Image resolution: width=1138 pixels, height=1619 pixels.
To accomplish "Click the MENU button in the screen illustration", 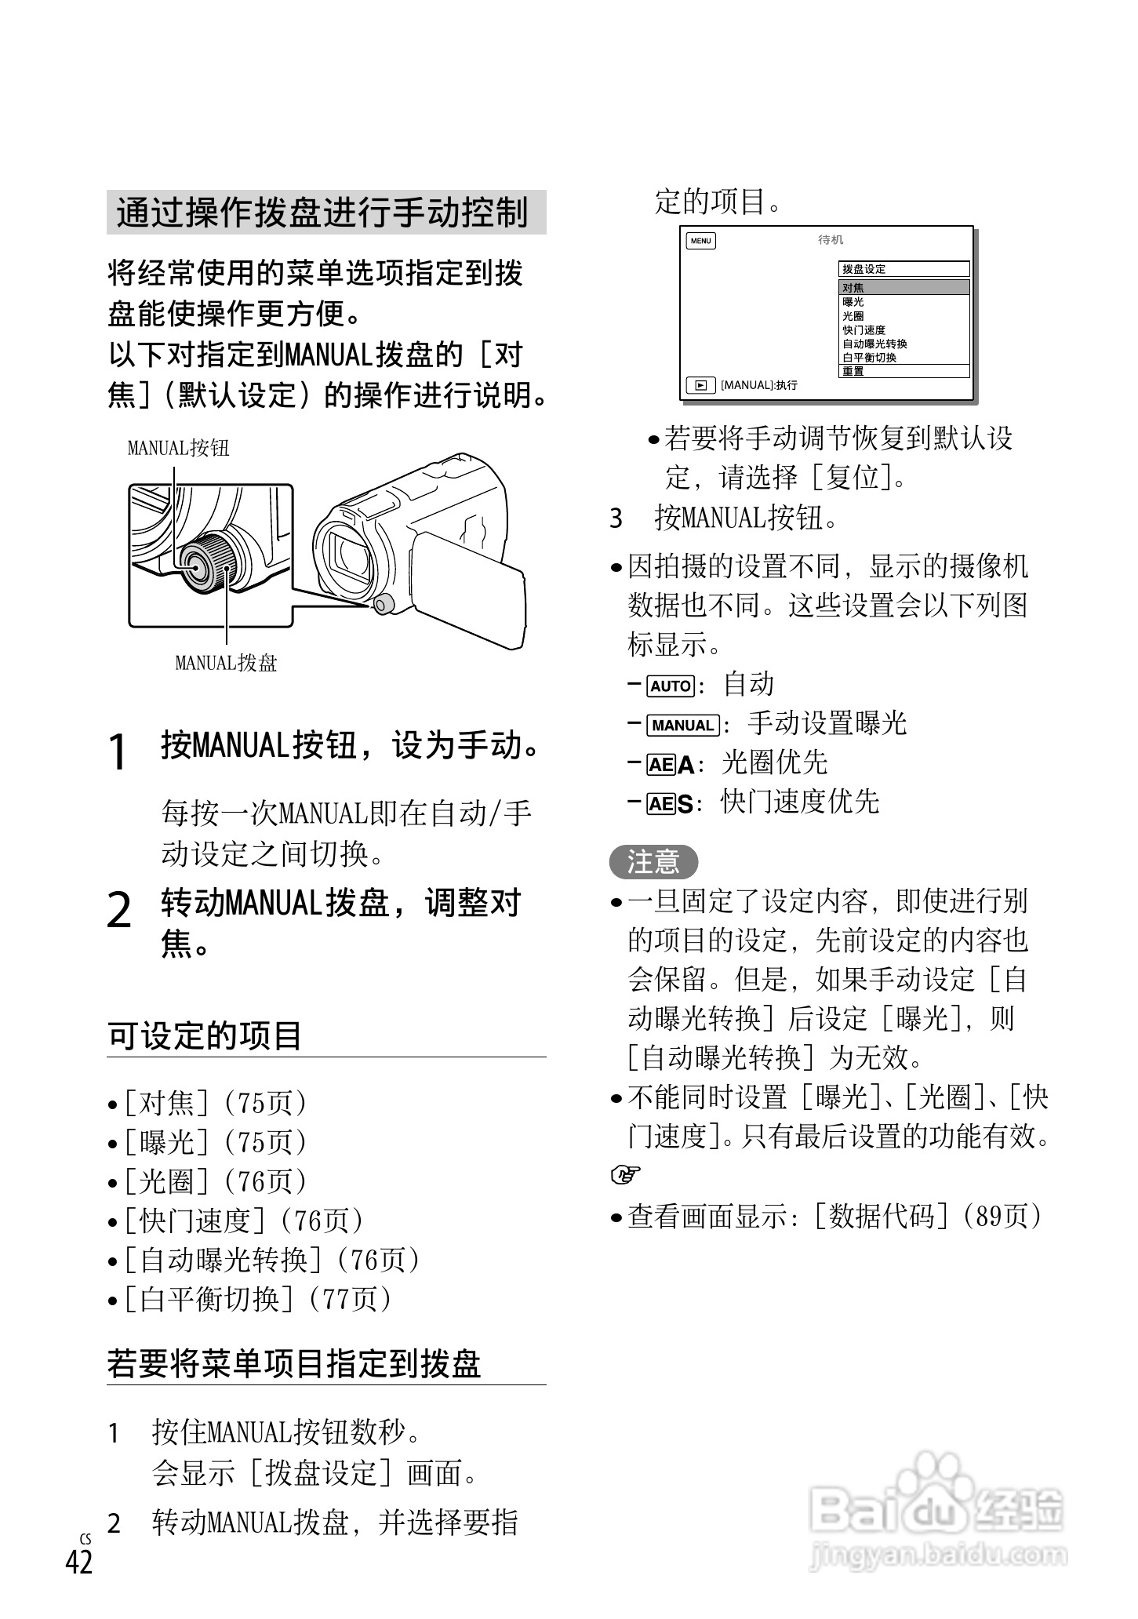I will tap(700, 241).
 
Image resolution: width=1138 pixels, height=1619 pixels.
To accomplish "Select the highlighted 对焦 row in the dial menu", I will tap(903, 288).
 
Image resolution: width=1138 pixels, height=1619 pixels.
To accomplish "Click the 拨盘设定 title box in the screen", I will tap(903, 269).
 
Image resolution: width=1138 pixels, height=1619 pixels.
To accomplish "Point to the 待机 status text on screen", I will tap(831, 240).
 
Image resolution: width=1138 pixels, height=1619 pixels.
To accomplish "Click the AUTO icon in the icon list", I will tap(671, 686).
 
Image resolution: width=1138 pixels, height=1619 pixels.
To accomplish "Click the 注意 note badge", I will tap(653, 862).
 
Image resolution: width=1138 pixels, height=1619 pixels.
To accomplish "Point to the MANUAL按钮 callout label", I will tap(178, 449).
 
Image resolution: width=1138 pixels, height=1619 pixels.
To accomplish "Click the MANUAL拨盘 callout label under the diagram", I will tap(226, 664).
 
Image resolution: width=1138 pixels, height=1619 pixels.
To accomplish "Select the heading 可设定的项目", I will tap(205, 1036).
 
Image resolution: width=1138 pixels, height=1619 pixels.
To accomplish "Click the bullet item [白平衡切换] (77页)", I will tap(250, 1300).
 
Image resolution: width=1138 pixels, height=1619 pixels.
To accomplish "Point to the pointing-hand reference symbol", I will tap(626, 1175).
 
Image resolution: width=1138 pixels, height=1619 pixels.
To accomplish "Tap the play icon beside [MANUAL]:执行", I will tap(700, 385).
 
